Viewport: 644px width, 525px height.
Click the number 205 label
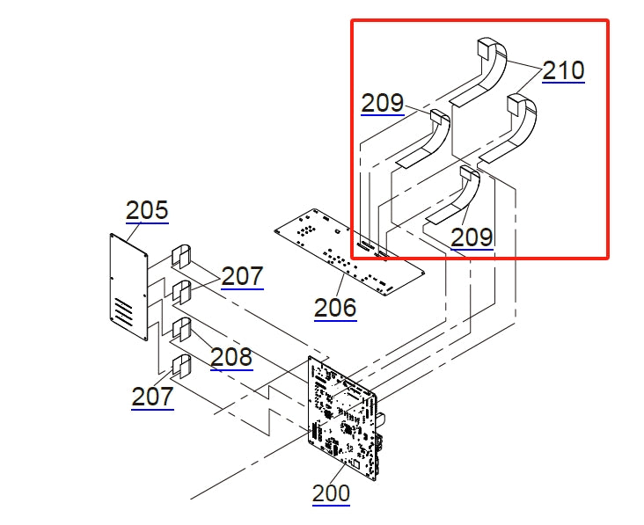(147, 211)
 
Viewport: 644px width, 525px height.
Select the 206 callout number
(335, 308)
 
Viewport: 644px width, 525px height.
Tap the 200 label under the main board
(331, 493)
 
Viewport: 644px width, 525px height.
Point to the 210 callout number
(563, 70)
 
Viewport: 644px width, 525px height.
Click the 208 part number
(231, 357)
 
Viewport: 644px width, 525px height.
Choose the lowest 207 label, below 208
(152, 397)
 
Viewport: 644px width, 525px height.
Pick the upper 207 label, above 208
(242, 276)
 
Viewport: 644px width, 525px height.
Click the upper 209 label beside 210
(382, 103)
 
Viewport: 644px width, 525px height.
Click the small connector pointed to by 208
(182, 330)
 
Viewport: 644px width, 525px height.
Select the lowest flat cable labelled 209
(457, 198)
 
